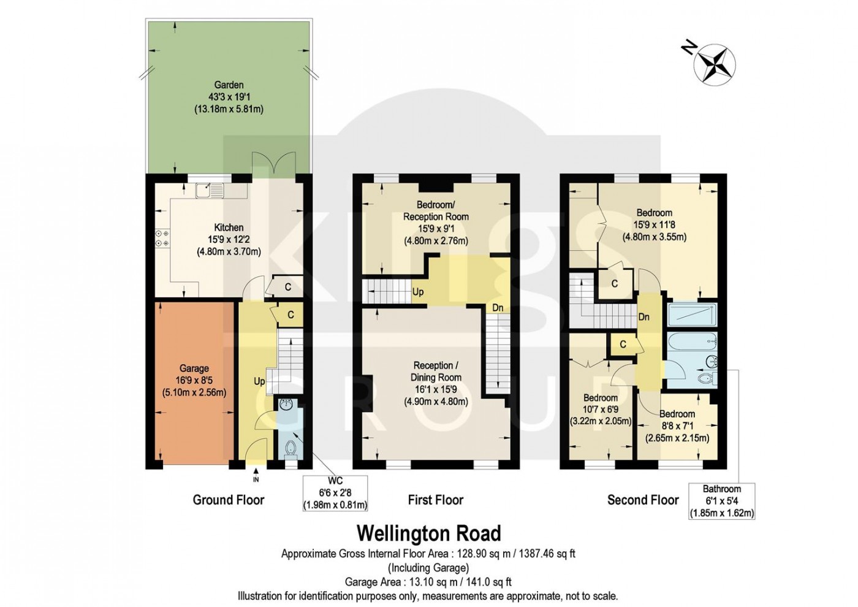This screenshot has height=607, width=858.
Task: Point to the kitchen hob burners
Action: [x=162, y=238]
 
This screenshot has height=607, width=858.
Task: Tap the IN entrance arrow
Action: [x=256, y=475]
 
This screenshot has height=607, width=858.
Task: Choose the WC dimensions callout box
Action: [x=335, y=493]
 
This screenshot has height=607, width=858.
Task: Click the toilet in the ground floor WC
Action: [x=292, y=449]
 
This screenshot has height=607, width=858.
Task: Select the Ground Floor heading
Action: [x=228, y=500]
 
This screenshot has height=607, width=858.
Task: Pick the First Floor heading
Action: [x=436, y=500]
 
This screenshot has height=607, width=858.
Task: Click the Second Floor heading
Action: [x=643, y=500]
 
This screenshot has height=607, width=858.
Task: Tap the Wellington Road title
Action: [x=429, y=533]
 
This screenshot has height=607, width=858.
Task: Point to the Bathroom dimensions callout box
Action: [x=722, y=502]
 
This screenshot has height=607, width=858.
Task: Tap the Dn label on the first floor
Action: [x=498, y=308]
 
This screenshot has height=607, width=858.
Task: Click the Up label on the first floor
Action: [x=418, y=292]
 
